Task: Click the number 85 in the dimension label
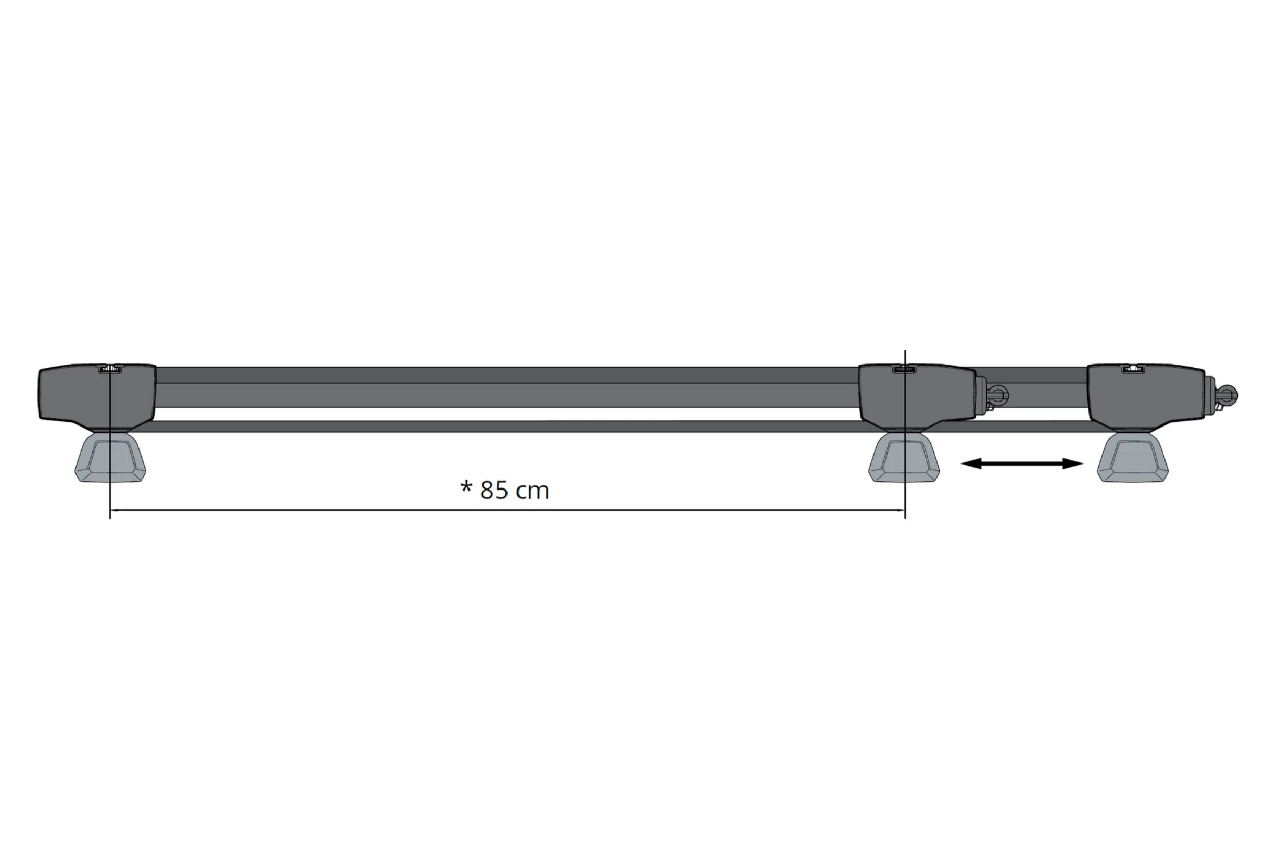(x=494, y=490)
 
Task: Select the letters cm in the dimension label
(x=532, y=491)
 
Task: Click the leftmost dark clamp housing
(x=97, y=396)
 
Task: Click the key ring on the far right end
(x=1228, y=394)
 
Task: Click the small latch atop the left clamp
(x=110, y=369)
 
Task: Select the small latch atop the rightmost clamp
(x=1133, y=369)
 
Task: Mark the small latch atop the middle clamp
(x=904, y=369)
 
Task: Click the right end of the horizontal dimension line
(x=904, y=510)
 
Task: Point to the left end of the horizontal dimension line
(x=111, y=510)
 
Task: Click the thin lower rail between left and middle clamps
(x=506, y=426)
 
